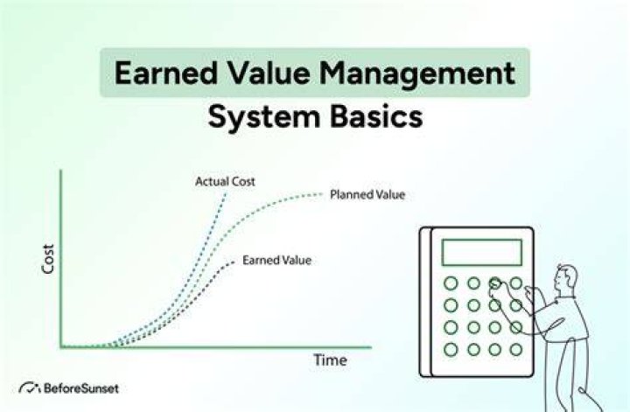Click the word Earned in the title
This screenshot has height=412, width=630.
(x=166, y=73)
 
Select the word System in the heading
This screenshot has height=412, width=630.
(x=264, y=117)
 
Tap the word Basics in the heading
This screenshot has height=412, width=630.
(x=376, y=116)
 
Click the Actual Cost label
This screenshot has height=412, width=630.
(x=225, y=182)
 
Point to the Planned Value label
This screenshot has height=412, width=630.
(x=367, y=195)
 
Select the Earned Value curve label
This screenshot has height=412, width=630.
(x=276, y=260)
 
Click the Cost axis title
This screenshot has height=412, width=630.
(x=48, y=259)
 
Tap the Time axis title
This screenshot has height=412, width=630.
(x=330, y=360)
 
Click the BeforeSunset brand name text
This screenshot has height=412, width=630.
(x=81, y=388)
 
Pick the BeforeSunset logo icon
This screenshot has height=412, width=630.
(x=30, y=388)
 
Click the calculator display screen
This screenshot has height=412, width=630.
(x=482, y=252)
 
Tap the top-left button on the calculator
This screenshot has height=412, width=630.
(x=451, y=283)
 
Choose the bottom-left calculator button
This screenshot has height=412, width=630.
(x=451, y=349)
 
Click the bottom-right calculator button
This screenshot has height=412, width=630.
(x=516, y=350)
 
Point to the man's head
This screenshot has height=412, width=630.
(x=566, y=276)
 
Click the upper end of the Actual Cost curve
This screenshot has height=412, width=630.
(x=226, y=194)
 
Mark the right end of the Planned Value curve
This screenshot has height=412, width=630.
(x=321, y=194)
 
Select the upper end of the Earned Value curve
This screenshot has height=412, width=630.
(x=234, y=262)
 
